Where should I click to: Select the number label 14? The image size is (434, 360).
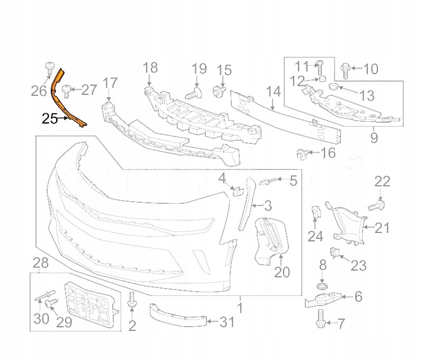click(x=273, y=92)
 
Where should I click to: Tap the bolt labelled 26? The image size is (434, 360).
click(x=48, y=68)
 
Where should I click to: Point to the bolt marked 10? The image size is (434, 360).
click(x=345, y=68)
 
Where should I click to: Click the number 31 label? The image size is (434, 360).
click(x=226, y=321)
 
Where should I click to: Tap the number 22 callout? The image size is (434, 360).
click(x=383, y=182)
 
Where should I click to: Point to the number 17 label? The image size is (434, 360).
click(x=110, y=83)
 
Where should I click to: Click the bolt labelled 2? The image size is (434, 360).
click(x=132, y=303)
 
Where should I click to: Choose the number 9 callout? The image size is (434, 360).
click(x=374, y=139)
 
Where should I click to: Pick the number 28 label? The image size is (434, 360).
click(x=40, y=263)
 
